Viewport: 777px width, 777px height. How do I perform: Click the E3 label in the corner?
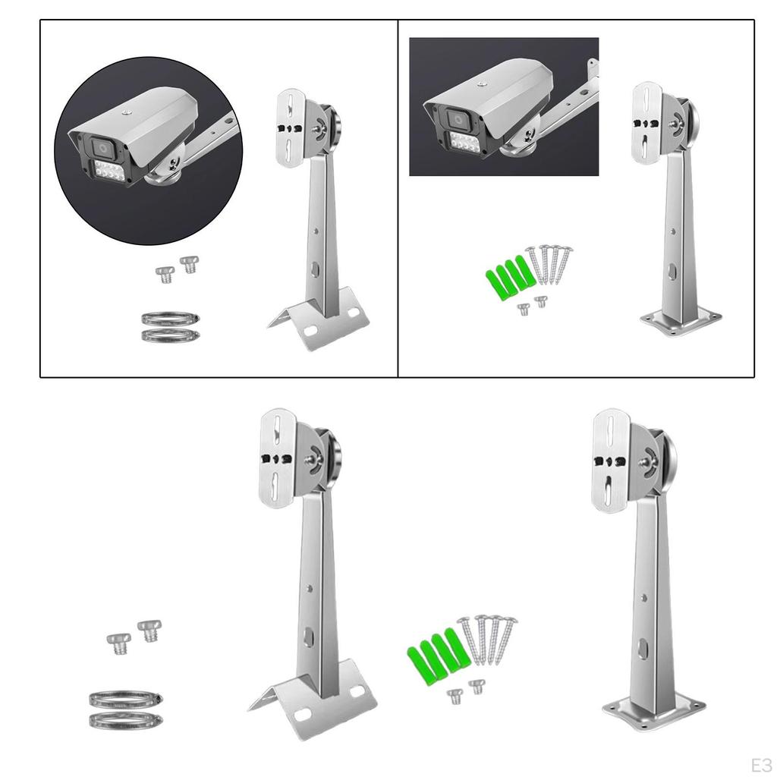[x=761, y=763]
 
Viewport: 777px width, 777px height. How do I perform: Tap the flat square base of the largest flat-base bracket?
[x=653, y=711]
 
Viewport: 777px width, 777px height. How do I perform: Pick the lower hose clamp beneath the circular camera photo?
[x=171, y=334]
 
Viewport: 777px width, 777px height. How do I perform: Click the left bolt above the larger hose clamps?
[x=118, y=643]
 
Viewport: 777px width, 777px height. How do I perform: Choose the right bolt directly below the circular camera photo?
[x=188, y=265]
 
